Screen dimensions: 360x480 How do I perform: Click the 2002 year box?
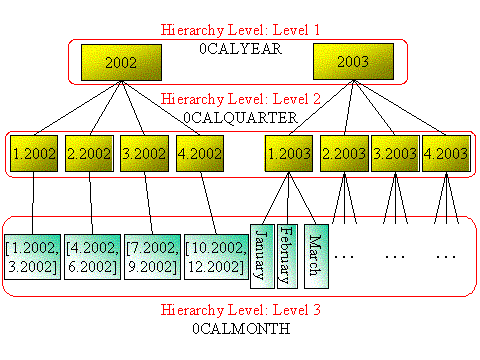[121, 63]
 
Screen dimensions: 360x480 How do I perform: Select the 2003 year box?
[346, 63]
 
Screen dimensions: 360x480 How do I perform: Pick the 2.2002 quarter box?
[88, 154]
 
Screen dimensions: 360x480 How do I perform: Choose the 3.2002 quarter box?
[144, 154]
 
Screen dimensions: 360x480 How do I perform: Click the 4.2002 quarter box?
[199, 154]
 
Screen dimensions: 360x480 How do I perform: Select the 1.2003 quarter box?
[289, 154]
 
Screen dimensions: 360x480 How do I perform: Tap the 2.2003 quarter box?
[344, 154]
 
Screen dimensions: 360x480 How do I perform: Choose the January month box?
[261, 254]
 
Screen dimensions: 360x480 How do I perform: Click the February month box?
[287, 254]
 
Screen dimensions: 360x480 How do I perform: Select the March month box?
[315, 254]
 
